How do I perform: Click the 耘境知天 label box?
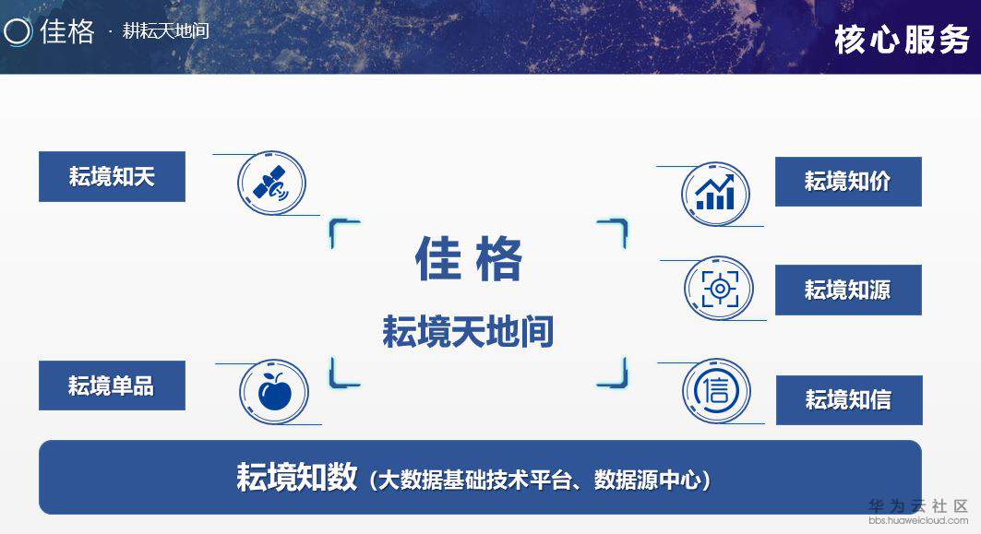[x=112, y=176]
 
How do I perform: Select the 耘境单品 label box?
[x=112, y=386]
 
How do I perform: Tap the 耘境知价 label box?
[x=847, y=182]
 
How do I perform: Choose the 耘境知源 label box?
[x=847, y=290]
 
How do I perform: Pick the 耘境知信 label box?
[x=848, y=400]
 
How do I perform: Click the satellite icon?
[x=271, y=184]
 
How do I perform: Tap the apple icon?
[x=273, y=392]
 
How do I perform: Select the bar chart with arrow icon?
[x=715, y=194]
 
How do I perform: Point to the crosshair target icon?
[x=719, y=289]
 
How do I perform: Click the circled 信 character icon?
[x=716, y=391]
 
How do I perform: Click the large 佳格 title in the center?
[x=469, y=259]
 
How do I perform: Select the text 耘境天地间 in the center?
[x=468, y=330]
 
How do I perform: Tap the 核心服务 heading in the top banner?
[x=901, y=39]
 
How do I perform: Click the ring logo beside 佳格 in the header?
[x=18, y=31]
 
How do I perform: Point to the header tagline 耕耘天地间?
[x=166, y=30]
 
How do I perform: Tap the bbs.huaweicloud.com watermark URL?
[x=918, y=521]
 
